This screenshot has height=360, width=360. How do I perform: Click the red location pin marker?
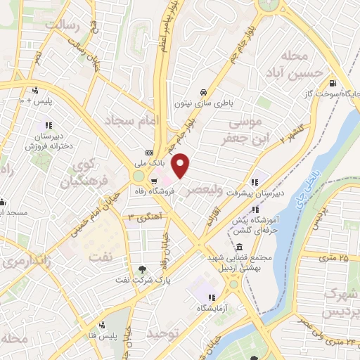tap(181, 165)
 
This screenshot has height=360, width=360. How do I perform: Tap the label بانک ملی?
tap(149, 162)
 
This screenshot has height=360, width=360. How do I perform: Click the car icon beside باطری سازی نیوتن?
tap(202, 92)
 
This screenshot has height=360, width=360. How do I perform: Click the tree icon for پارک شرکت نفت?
tap(143, 268)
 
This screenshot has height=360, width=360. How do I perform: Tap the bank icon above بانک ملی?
tap(149, 153)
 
